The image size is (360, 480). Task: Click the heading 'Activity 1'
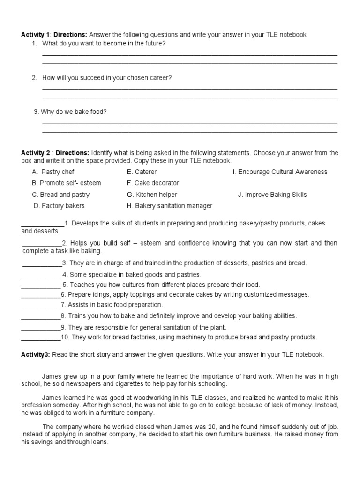coord(36,35)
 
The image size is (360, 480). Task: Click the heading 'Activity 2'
coord(36,153)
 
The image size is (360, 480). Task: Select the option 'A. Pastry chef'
coord(53,172)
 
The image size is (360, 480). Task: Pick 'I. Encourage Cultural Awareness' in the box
coord(280,172)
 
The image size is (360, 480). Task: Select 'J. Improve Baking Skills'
coord(272,195)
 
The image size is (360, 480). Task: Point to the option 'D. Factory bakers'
coord(59,206)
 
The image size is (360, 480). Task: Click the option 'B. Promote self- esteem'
coord(66,183)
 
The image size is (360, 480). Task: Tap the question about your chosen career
coord(107,78)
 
